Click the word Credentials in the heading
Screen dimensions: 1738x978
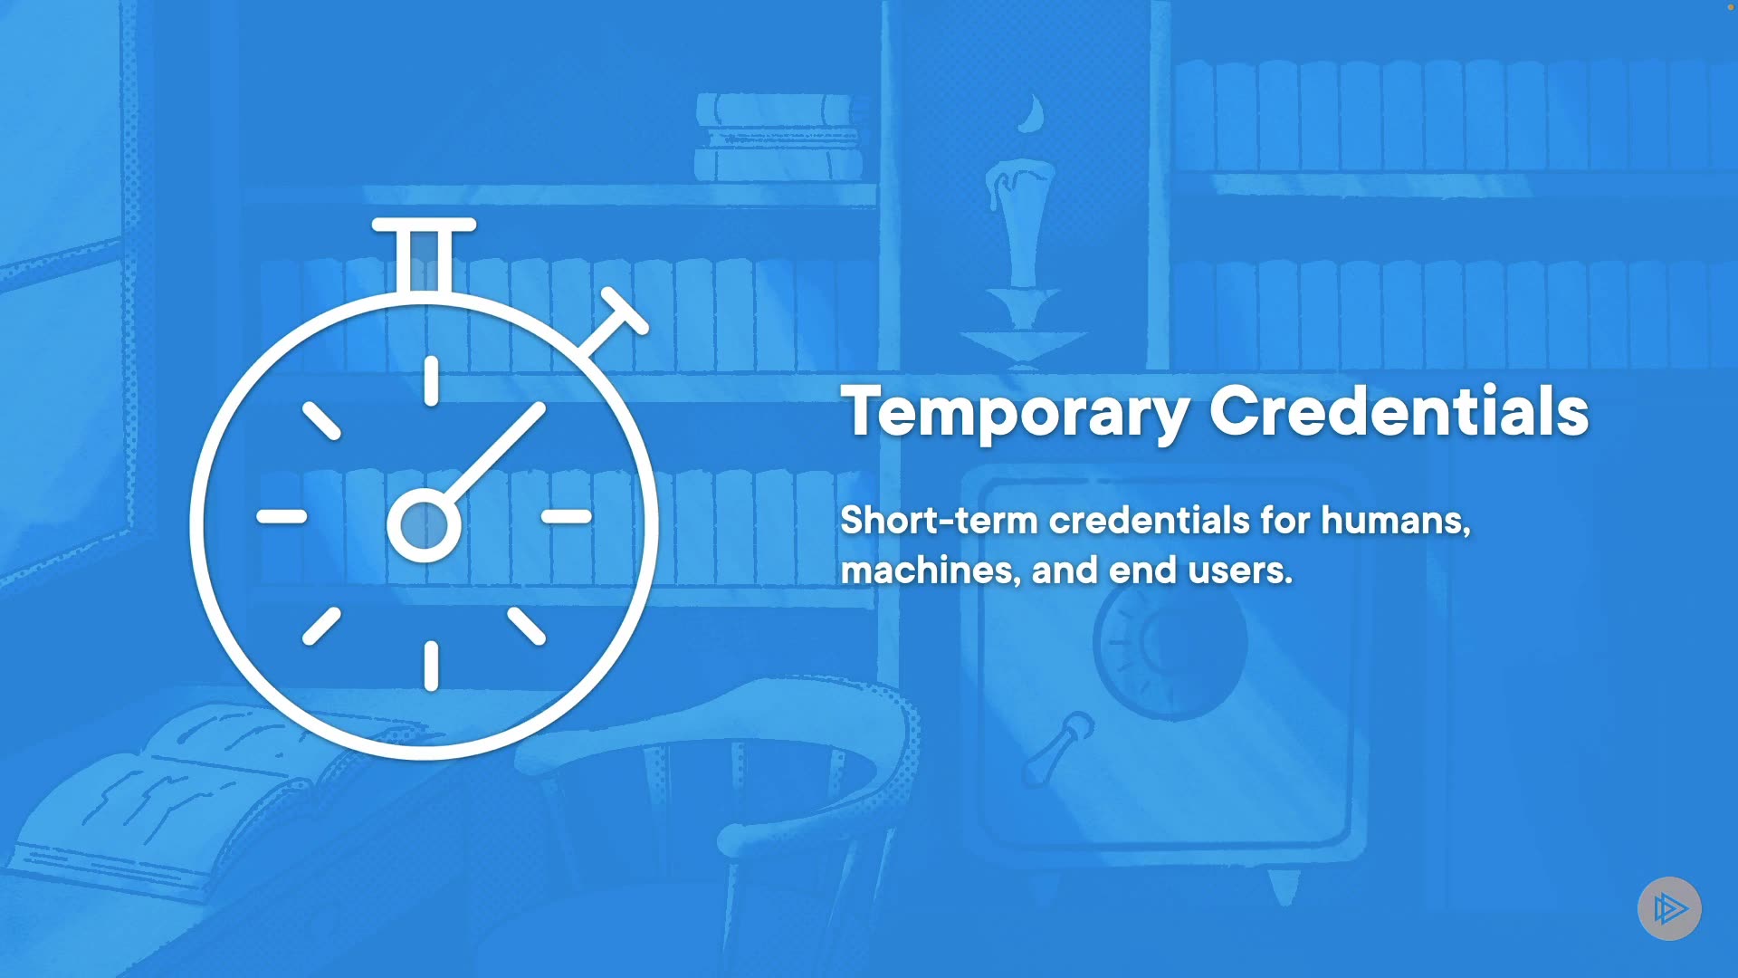click(x=1399, y=411)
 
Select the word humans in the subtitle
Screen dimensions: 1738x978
click(x=1395, y=522)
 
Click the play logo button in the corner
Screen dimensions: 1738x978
click(x=1669, y=908)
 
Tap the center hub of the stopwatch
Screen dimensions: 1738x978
click(x=424, y=525)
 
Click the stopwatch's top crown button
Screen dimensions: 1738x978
click(x=424, y=254)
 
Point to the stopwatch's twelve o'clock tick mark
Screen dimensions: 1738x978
click(x=431, y=380)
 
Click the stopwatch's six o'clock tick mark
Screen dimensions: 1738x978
click(x=431, y=666)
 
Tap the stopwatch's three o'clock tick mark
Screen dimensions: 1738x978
click(x=567, y=516)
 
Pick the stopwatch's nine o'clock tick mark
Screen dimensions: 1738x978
click(x=282, y=516)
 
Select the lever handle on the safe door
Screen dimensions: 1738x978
click(x=1058, y=748)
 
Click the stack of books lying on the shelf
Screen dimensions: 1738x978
click(x=778, y=137)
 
